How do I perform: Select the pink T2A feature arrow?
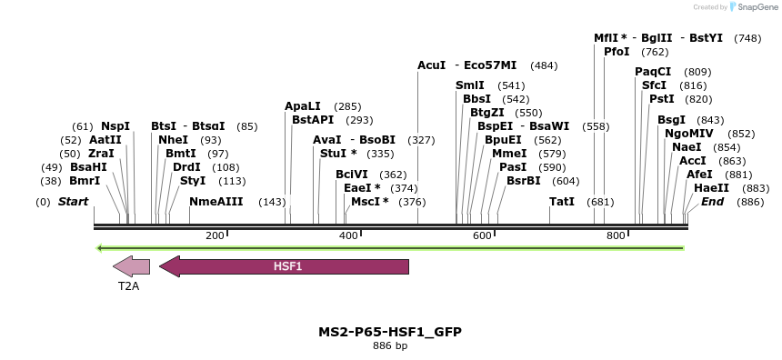click(131, 266)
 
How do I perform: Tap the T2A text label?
click(128, 285)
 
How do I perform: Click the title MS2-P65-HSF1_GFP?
click(390, 332)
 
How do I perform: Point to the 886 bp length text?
click(390, 345)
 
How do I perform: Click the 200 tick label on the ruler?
click(215, 236)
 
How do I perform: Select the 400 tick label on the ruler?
click(348, 236)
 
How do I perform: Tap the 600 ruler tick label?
click(482, 236)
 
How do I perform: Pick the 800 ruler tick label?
click(616, 236)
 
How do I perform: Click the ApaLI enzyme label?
click(303, 106)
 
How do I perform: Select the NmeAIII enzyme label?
click(216, 202)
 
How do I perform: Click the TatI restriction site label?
click(562, 202)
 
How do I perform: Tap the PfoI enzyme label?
click(617, 52)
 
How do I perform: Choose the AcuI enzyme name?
click(431, 65)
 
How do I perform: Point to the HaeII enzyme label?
click(711, 187)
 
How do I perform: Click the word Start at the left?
click(73, 202)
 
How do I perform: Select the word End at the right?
click(712, 202)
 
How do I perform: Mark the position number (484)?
click(544, 66)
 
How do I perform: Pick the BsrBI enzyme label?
click(523, 180)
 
